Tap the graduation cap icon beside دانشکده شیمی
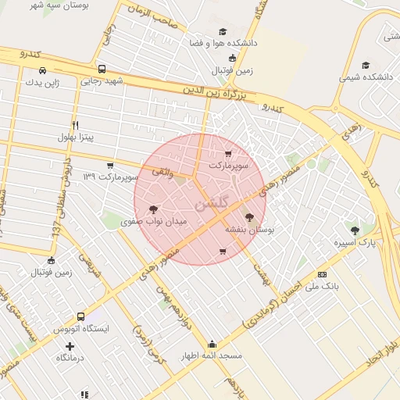[366, 65]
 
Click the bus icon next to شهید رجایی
[102, 69]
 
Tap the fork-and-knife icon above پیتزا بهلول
[75, 125]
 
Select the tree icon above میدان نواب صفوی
[153, 209]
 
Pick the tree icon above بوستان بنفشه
[249, 218]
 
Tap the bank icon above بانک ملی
[323, 274]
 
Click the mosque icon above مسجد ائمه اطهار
[212, 344]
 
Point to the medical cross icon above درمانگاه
[71, 346]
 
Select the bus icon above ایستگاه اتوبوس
[80, 316]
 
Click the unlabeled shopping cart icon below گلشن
[223, 252]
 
